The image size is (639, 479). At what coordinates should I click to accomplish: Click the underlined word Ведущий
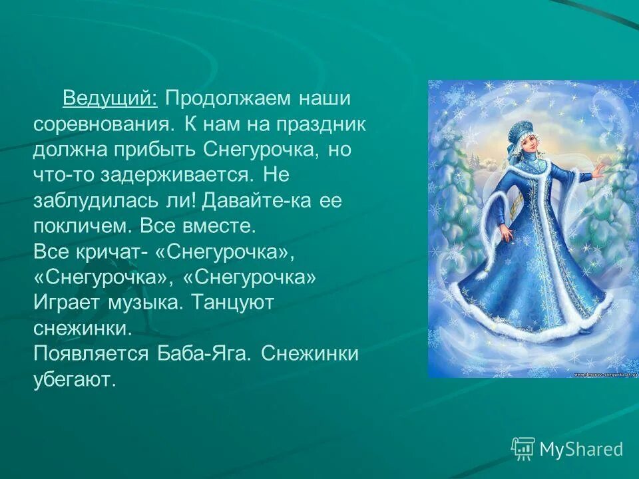(110, 99)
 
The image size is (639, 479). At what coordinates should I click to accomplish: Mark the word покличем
(82, 226)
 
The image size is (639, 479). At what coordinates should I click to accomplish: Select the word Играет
(72, 303)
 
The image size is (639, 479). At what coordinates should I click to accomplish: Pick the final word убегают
(75, 379)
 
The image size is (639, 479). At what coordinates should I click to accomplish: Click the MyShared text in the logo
(580, 450)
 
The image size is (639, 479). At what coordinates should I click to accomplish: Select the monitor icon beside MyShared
(523, 448)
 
